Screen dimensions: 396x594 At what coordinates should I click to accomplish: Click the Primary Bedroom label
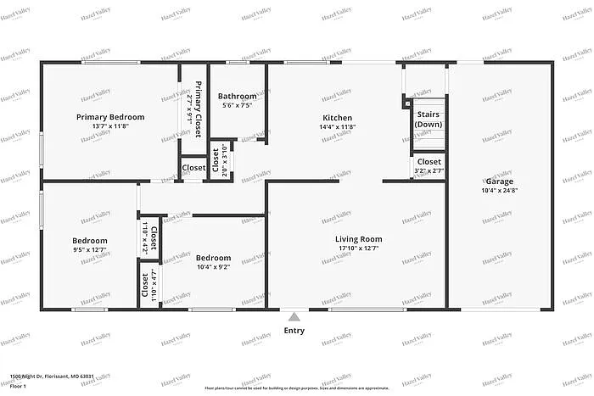110,117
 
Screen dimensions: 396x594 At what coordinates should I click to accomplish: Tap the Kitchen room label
337,118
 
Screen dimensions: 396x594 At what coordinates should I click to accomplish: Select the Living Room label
358,239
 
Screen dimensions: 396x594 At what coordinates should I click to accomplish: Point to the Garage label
500,181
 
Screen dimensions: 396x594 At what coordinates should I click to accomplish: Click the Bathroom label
238,96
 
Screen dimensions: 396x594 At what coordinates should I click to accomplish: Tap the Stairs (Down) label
428,119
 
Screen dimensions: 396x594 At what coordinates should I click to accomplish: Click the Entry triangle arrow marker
294,316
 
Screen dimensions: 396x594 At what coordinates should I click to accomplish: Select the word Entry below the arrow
294,331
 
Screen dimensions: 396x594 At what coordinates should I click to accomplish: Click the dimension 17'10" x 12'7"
358,248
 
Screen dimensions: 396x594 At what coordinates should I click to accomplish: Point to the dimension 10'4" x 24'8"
500,191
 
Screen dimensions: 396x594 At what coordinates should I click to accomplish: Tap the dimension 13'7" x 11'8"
110,126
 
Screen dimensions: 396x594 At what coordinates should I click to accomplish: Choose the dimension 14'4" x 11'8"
337,127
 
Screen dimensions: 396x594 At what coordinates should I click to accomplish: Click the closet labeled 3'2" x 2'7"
429,166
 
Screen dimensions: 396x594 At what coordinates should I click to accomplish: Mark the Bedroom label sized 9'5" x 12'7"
89,241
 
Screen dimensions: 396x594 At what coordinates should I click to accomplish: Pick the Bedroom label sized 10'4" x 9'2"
213,258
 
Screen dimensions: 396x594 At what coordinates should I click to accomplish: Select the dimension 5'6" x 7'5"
238,105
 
